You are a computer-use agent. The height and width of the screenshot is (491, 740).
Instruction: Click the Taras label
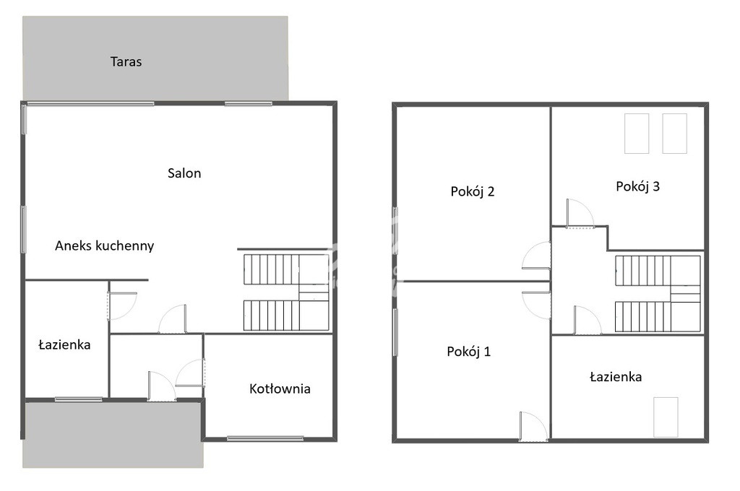(126, 62)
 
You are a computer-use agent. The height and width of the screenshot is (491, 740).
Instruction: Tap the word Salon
(184, 173)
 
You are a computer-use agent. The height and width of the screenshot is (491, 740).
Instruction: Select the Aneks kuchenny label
(104, 245)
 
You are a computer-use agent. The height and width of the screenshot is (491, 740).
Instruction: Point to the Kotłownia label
(280, 388)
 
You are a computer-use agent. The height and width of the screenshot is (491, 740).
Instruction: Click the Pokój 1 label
(468, 352)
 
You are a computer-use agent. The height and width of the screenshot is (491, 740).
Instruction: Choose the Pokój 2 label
(473, 191)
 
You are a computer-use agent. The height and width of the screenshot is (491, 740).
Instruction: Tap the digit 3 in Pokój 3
(655, 186)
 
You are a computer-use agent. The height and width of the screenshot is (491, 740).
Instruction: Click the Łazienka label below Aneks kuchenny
(64, 345)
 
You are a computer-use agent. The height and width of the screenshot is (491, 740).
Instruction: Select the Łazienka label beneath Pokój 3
(616, 377)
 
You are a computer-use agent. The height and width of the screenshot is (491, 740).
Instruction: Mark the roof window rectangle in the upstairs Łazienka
(666, 417)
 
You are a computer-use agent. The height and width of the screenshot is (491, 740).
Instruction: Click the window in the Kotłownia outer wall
(264, 438)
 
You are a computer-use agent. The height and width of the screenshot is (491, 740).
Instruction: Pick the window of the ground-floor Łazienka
(78, 399)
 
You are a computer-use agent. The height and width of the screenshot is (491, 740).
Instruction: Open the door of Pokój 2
(536, 256)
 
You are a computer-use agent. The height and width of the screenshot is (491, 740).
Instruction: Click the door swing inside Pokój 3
(580, 214)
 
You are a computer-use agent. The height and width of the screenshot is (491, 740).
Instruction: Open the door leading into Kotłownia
(190, 373)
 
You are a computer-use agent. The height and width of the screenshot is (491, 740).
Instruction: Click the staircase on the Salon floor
(286, 292)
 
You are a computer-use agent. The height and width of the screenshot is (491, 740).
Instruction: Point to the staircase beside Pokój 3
(658, 293)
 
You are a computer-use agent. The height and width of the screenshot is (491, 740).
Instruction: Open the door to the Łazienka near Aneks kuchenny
(122, 306)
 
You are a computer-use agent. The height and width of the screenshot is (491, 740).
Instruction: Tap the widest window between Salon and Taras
(90, 103)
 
